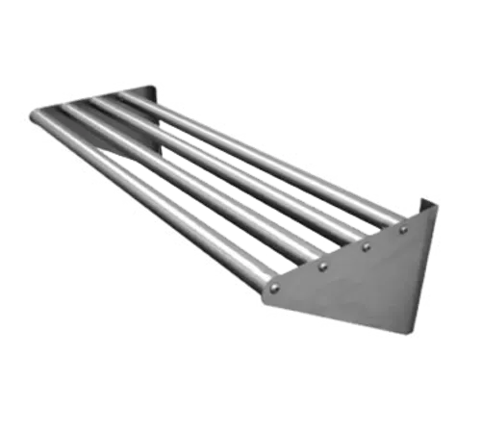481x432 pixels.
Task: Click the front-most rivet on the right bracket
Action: (275, 286)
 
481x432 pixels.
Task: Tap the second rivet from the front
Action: (323, 266)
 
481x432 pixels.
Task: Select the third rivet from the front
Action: (367, 246)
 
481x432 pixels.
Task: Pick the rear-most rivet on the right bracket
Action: (403, 230)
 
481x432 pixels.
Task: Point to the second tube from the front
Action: (192, 183)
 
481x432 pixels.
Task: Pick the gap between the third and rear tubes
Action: (269, 167)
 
